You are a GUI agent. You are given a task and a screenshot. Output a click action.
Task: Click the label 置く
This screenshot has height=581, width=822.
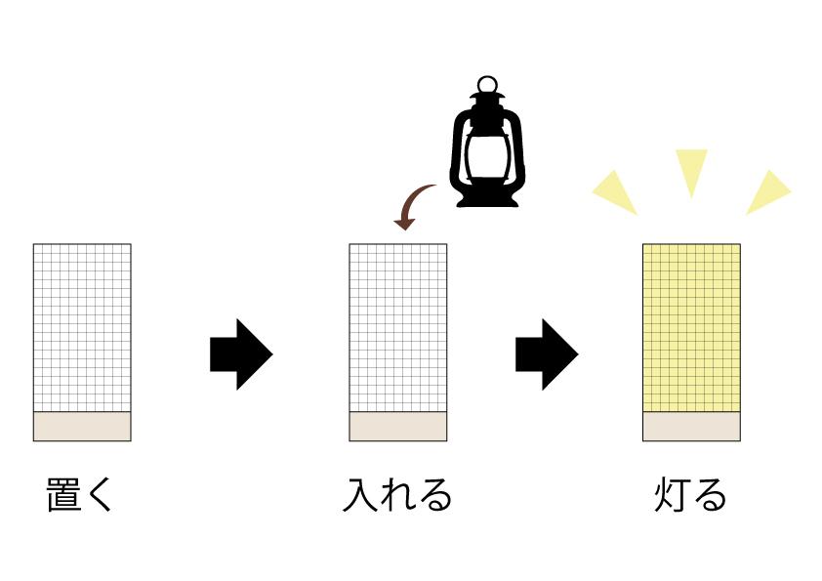coord(80,494)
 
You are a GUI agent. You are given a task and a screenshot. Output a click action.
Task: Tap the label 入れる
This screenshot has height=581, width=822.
coord(397,494)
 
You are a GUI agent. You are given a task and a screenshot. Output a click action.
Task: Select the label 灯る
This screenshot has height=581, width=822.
coord(690,494)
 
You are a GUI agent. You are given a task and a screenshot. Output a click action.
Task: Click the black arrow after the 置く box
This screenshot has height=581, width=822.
coord(241,353)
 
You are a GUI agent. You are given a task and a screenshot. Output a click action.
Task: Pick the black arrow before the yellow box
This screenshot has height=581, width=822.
coord(547,353)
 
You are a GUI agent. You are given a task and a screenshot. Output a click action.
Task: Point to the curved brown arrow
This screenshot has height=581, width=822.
coord(412,203)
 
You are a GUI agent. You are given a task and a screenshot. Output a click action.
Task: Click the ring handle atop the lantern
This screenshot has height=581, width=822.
coord(487,84)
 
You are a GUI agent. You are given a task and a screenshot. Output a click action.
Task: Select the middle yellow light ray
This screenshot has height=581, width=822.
coord(691,169)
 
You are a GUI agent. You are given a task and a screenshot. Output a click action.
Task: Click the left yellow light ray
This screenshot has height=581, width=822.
coord(617,192)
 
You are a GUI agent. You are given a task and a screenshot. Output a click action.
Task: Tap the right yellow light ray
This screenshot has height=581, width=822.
coord(766,192)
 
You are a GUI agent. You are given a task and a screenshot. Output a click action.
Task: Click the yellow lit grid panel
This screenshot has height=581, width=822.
coord(691,328)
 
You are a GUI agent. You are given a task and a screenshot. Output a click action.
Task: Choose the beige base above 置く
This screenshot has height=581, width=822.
coord(82,427)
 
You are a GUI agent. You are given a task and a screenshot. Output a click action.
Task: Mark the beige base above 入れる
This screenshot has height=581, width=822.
coord(398,427)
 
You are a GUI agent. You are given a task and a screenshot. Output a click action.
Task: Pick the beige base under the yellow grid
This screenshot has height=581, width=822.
coord(691,427)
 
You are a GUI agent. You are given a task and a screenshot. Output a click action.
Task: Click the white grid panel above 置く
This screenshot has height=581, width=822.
coord(82,328)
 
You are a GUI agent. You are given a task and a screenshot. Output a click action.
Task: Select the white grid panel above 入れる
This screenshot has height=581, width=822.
coord(398,328)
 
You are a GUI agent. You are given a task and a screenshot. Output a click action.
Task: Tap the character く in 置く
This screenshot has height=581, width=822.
coord(101,494)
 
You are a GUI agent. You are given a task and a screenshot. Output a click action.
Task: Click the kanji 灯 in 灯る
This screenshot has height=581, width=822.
coord(672,494)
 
